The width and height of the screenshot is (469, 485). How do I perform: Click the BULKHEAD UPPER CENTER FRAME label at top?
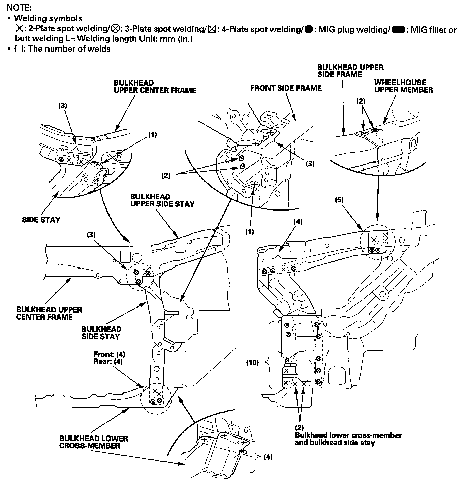(155, 87)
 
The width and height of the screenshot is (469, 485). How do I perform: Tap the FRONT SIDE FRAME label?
(286, 88)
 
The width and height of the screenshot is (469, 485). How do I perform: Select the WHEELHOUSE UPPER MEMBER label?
(403, 86)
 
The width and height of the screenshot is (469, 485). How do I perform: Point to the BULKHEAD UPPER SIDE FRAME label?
(350, 70)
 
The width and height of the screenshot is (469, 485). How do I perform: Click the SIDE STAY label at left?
(41, 220)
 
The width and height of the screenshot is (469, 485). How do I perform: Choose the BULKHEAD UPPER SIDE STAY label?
(162, 200)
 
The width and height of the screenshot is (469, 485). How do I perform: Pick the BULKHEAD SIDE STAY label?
(101, 332)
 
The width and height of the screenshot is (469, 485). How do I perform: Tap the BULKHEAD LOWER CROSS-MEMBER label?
(94, 442)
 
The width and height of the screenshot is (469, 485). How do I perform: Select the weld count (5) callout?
(339, 200)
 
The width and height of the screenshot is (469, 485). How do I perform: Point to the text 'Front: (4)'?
(110, 354)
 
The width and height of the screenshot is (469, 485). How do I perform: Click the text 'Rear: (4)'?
(108, 361)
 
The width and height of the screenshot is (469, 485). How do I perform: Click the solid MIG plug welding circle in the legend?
(308, 29)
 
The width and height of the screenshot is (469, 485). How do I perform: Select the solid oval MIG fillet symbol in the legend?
(398, 30)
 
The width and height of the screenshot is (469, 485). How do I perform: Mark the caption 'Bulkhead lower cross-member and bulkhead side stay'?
(348, 439)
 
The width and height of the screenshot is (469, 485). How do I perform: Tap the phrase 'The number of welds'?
(69, 49)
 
